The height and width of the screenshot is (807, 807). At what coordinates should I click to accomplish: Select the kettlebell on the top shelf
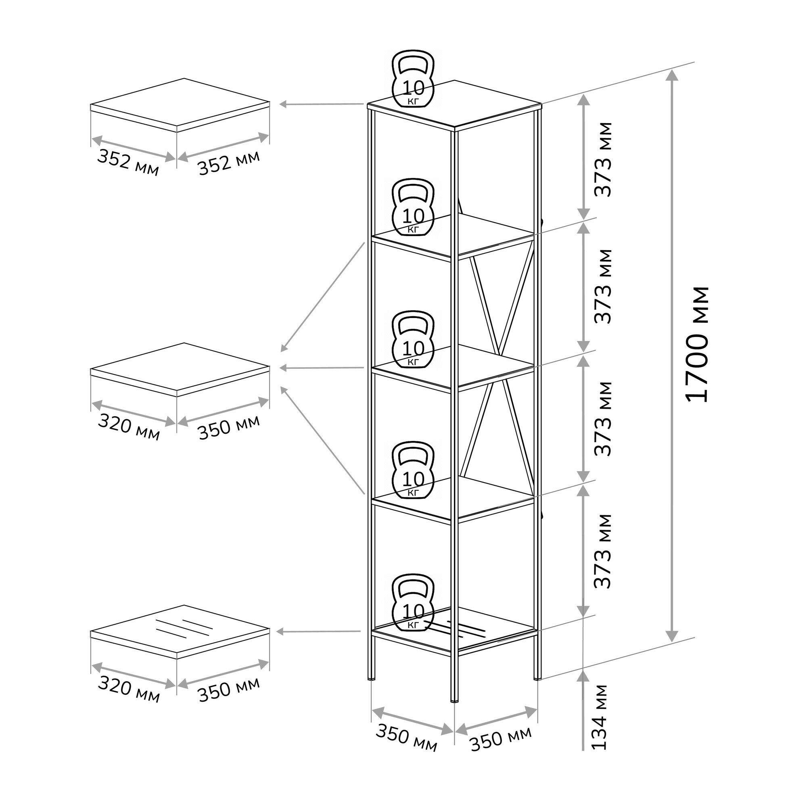point(413,80)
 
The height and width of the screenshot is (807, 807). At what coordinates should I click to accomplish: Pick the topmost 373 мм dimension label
point(603,159)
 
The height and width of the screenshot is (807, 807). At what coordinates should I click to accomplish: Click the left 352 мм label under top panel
point(128,163)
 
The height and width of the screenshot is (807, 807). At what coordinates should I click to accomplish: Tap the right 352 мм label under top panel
point(228,162)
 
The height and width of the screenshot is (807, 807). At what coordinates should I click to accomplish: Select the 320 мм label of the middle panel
point(129,428)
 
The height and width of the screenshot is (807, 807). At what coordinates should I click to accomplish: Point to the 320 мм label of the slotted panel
point(129,690)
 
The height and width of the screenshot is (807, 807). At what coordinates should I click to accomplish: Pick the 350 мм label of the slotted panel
point(228,689)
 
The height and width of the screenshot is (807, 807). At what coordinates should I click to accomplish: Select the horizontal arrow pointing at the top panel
point(322,104)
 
